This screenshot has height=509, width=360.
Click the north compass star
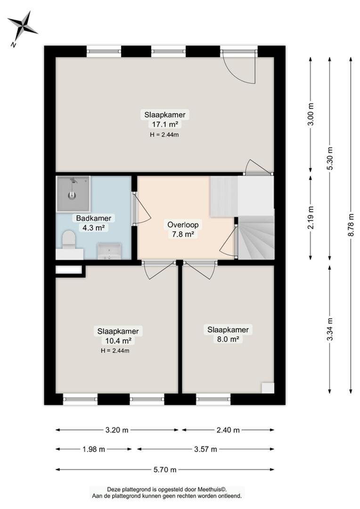23,25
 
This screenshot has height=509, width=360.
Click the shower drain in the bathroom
72,196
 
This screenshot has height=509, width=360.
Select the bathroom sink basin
110,252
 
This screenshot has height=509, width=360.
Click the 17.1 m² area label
165,124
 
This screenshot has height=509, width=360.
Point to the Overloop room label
183,224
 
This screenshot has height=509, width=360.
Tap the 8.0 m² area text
228,339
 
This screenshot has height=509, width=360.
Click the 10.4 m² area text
118,341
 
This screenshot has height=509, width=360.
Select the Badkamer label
94,218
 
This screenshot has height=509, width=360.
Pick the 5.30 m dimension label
330,158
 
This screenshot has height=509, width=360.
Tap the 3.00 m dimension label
311,114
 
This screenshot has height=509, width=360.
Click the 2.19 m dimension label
311,217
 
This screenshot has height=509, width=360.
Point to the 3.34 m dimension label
330,329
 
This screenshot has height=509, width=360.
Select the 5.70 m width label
165,469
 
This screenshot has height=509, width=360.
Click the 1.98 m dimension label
93,449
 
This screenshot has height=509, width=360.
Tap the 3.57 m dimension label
205,449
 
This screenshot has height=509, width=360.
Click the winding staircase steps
256,237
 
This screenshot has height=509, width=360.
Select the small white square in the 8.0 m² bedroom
268,388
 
